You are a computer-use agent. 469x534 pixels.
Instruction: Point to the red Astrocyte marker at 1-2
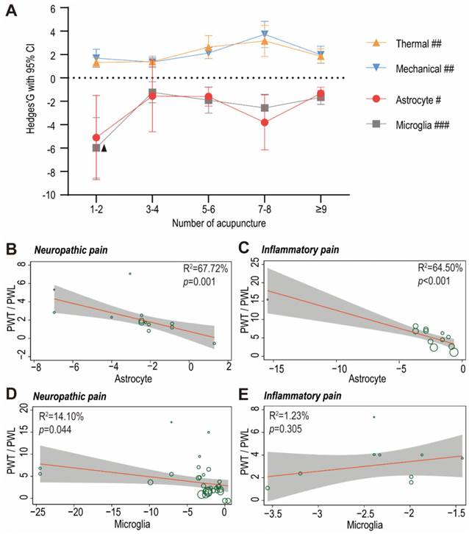(96, 138)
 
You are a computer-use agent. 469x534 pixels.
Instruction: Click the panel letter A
(11, 10)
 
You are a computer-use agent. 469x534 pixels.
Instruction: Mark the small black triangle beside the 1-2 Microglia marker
(104, 149)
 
